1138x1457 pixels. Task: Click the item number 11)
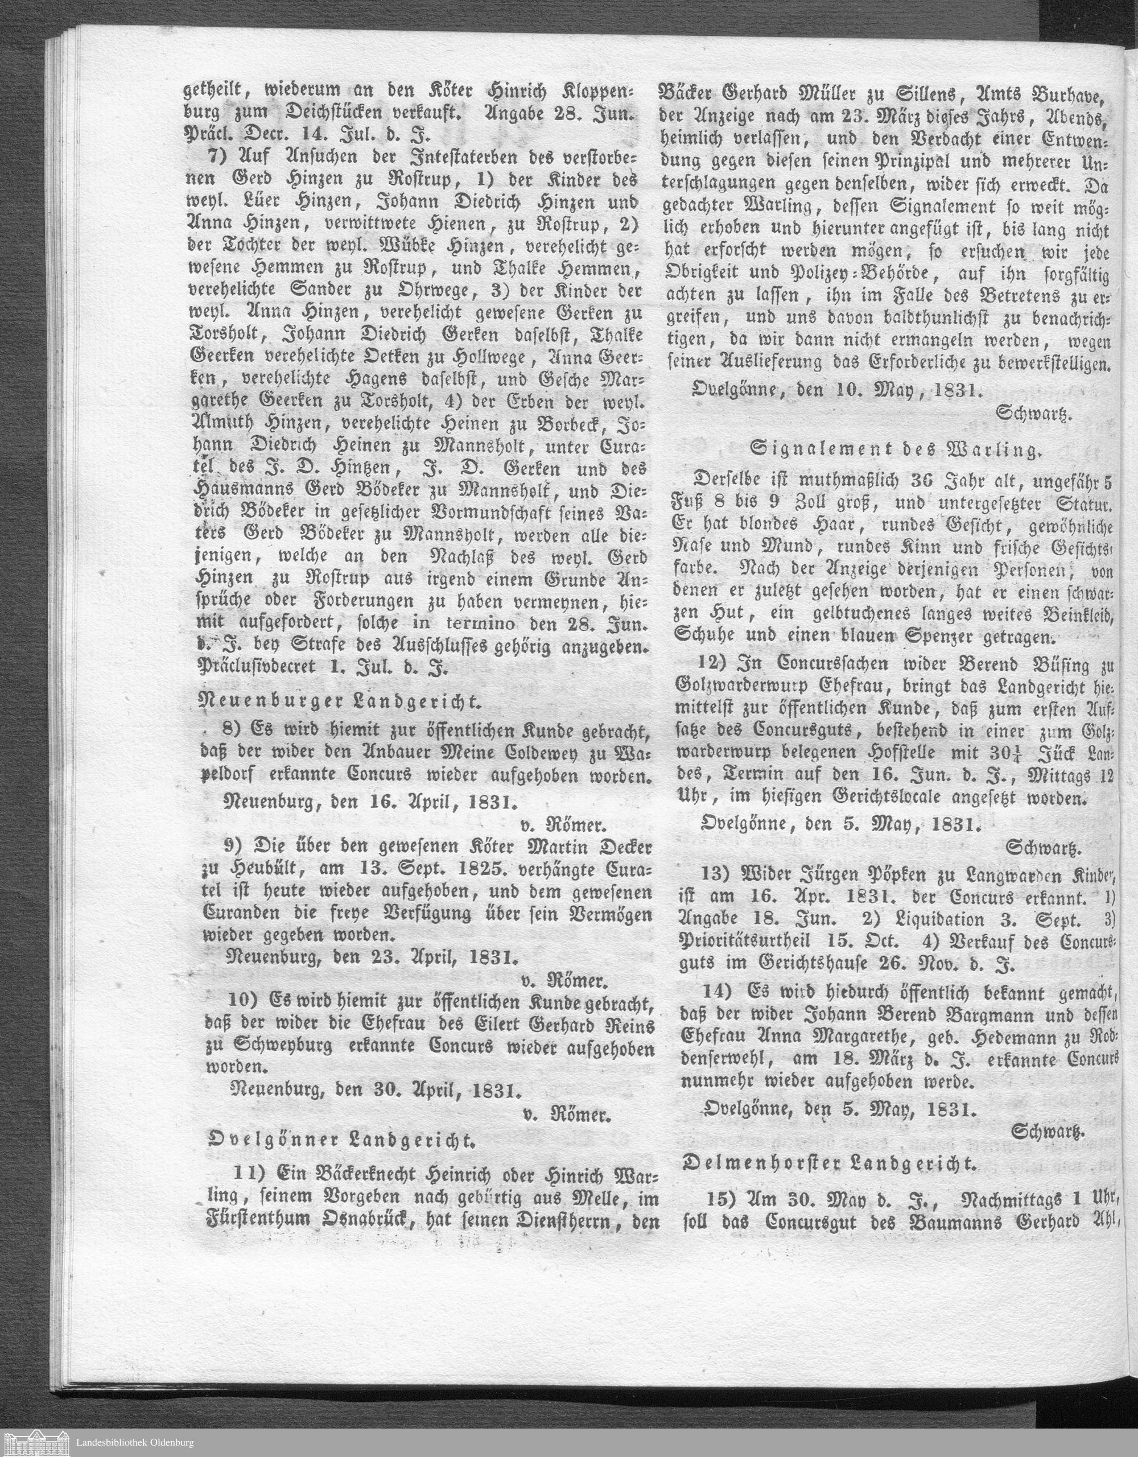point(246,1173)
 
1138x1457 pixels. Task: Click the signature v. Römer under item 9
point(564,981)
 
